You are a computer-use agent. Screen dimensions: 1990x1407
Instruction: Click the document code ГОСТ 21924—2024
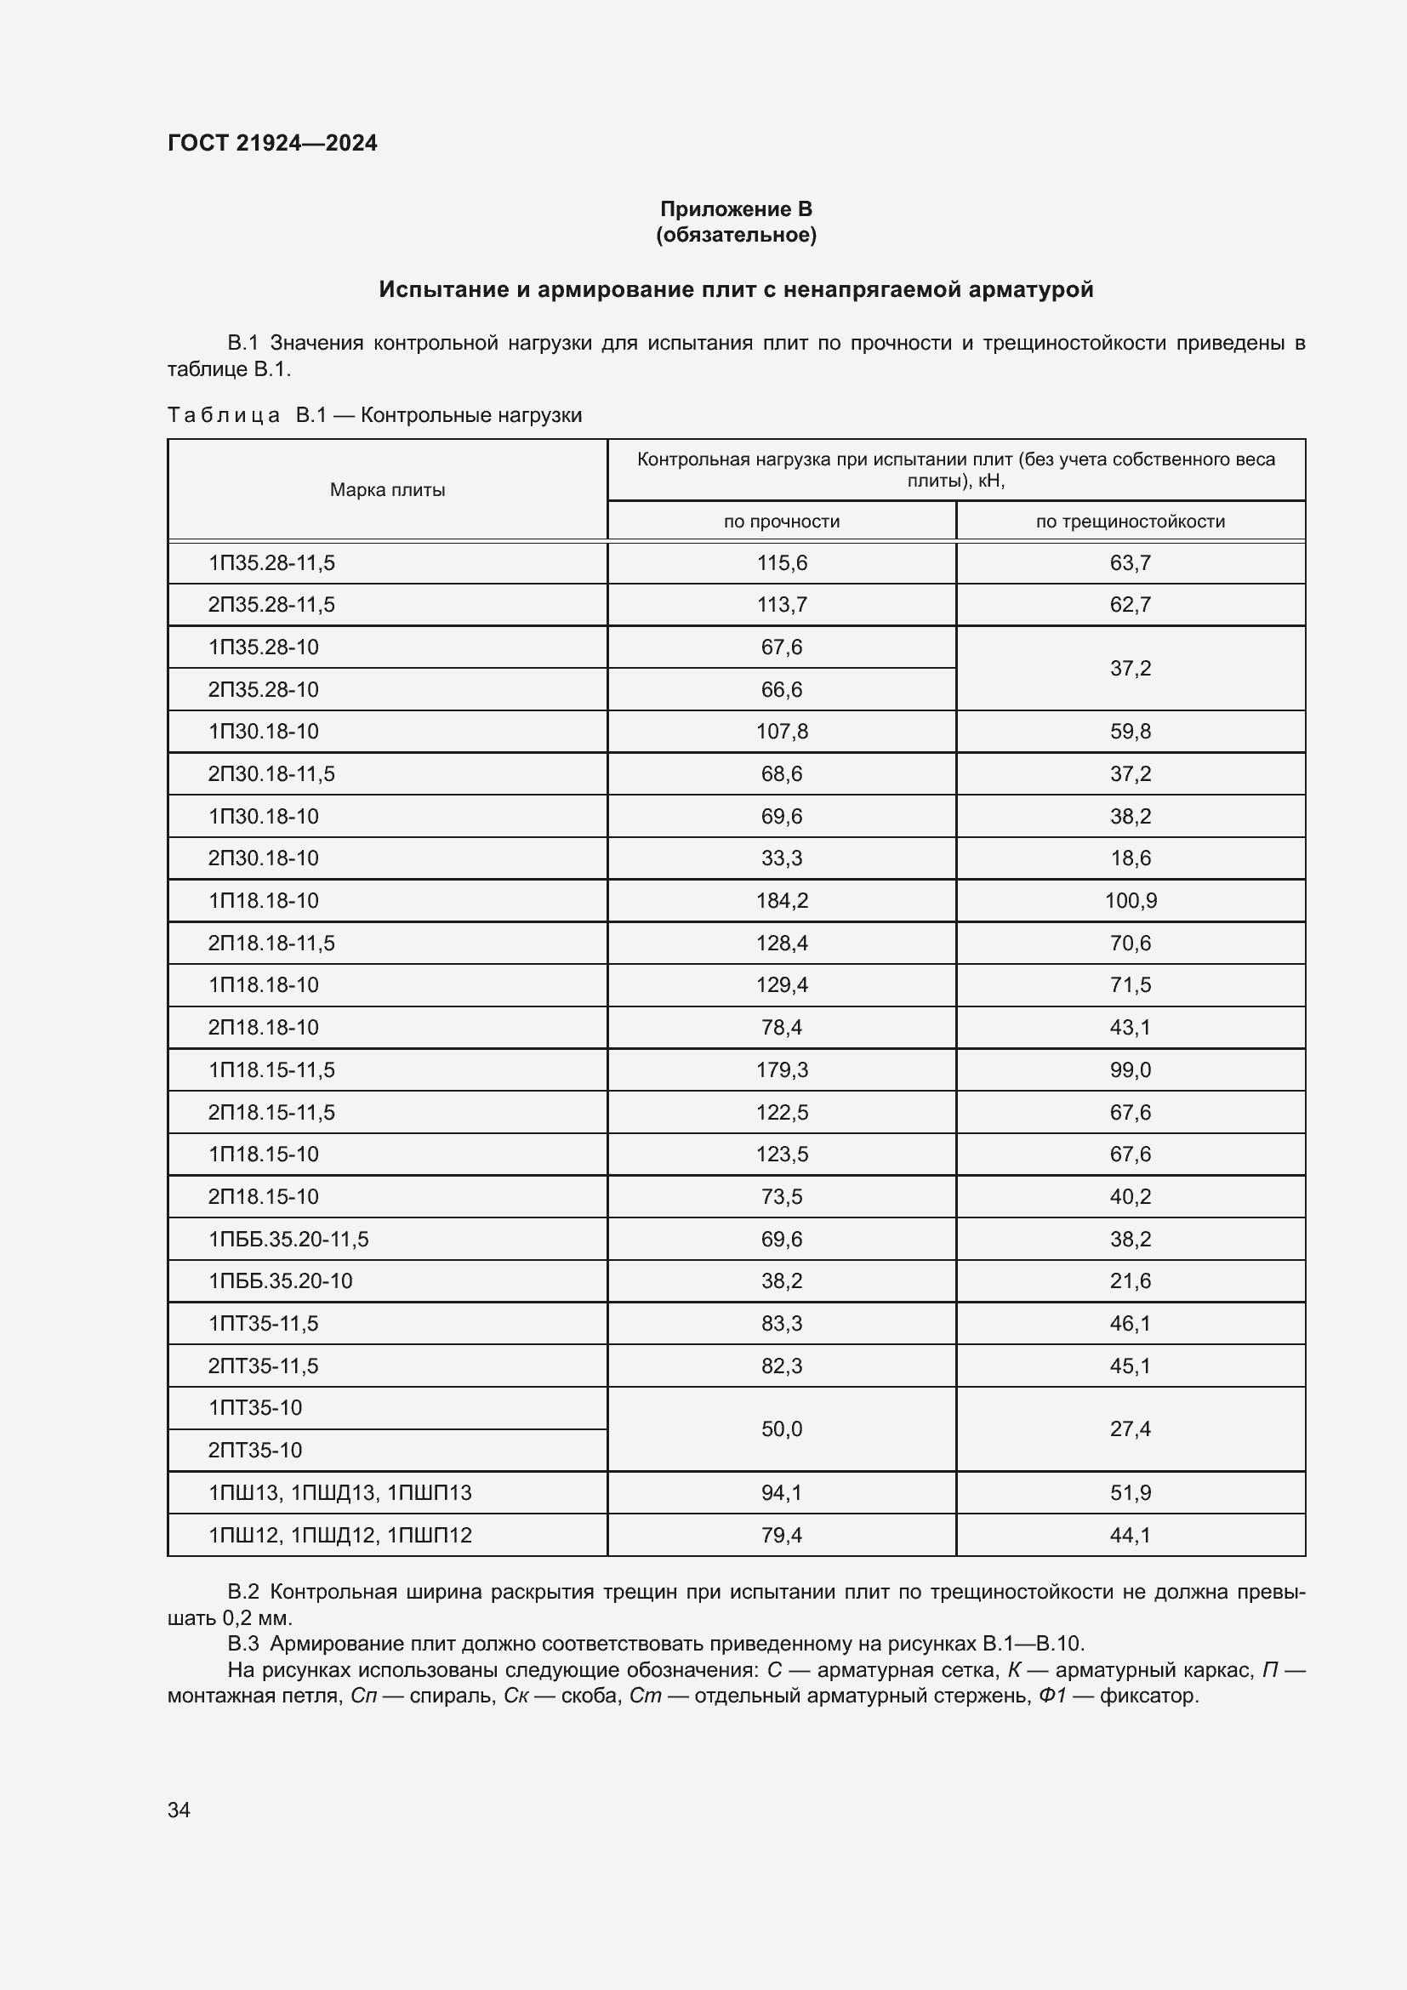point(272,143)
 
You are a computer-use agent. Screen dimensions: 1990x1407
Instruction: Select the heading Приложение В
point(736,209)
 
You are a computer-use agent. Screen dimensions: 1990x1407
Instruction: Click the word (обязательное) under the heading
point(736,235)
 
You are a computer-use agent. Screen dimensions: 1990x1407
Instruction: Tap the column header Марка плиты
point(387,490)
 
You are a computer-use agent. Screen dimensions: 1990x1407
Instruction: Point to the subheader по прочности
point(782,521)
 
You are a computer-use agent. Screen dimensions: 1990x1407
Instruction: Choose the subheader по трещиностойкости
point(1130,521)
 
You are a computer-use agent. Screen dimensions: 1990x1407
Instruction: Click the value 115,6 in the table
point(782,562)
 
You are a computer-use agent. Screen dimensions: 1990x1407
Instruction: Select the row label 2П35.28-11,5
point(271,604)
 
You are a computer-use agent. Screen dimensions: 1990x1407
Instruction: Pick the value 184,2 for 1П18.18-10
point(782,900)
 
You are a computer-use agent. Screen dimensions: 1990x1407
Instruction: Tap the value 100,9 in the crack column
point(1130,900)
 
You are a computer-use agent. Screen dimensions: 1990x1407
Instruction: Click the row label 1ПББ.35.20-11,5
point(288,1239)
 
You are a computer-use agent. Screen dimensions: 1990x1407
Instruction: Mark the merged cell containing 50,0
point(782,1428)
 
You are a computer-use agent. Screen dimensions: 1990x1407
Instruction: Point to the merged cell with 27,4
point(1130,1428)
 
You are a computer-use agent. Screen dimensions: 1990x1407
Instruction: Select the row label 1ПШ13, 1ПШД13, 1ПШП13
point(339,1492)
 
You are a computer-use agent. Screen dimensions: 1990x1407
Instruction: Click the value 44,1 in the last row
point(1130,1535)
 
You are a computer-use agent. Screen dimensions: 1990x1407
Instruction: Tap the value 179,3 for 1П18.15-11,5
point(782,1069)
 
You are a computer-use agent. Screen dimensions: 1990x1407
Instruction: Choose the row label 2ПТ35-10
point(254,1450)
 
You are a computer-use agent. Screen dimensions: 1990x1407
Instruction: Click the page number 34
point(179,1810)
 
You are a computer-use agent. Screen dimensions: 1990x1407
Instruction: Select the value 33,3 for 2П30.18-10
point(782,858)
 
